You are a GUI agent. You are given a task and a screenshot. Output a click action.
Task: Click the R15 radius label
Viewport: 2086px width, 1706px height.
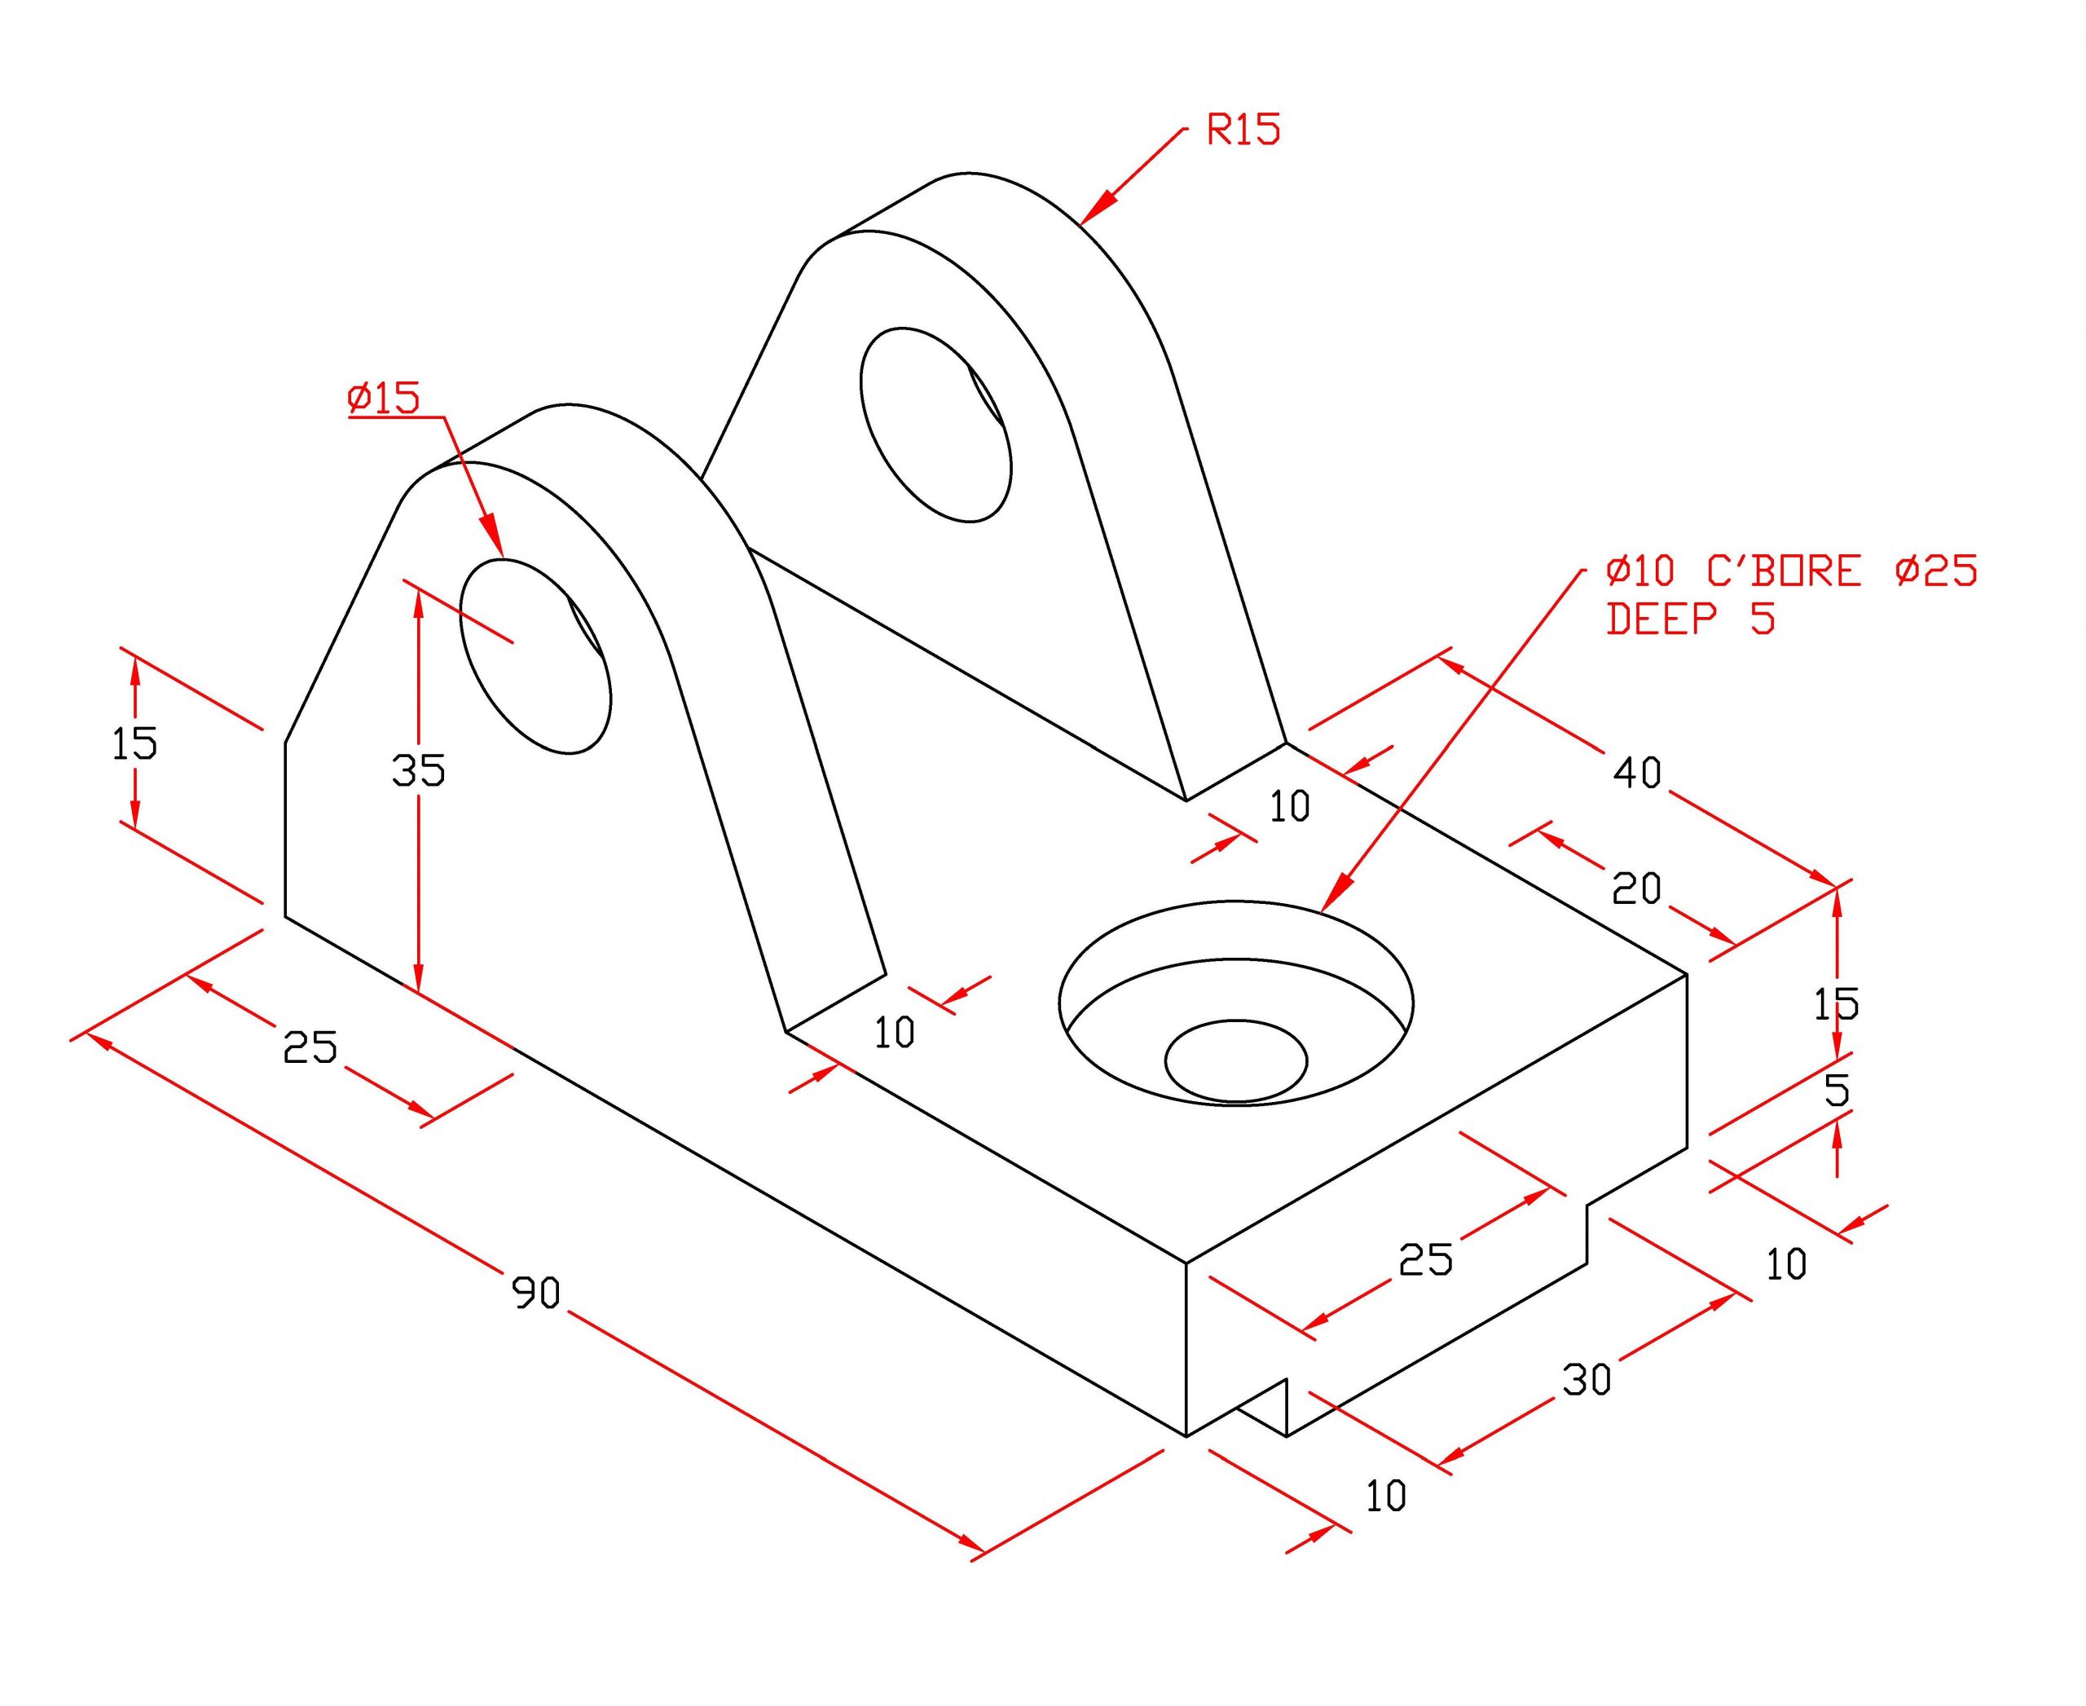[x=1244, y=130]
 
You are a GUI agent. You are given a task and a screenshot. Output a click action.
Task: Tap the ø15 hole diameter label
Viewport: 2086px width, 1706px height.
[x=383, y=397]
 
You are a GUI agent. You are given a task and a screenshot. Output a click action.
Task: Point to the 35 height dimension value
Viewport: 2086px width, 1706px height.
[x=419, y=770]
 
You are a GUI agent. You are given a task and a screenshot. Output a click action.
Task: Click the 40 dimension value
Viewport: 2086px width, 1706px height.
[x=1637, y=773]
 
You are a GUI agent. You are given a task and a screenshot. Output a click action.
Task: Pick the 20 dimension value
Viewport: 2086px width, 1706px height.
[x=1636, y=888]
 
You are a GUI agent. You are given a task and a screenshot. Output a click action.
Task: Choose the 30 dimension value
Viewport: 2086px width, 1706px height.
[x=1587, y=1380]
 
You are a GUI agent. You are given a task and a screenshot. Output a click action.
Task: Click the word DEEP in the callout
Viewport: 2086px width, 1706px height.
[x=1662, y=619]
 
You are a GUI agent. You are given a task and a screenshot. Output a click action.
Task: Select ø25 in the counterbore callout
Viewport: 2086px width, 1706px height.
[x=1937, y=571]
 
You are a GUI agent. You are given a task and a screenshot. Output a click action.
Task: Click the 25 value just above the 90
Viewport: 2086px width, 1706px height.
[x=310, y=1047]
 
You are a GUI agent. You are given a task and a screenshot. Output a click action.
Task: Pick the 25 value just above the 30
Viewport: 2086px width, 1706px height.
[x=1426, y=1260]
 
